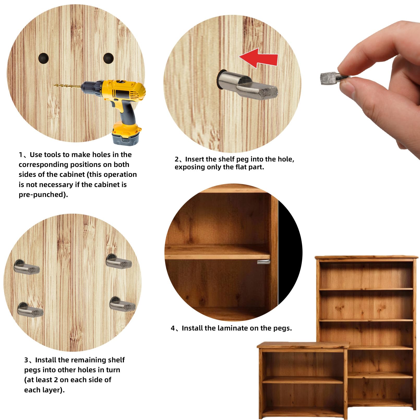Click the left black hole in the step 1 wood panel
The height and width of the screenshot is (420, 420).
click(44, 58)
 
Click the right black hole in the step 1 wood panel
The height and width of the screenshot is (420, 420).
click(108, 58)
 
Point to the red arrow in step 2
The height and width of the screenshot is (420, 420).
click(259, 58)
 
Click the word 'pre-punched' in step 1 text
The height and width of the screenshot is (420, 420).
click(41, 195)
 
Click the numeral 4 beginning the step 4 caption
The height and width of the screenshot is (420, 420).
click(173, 328)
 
